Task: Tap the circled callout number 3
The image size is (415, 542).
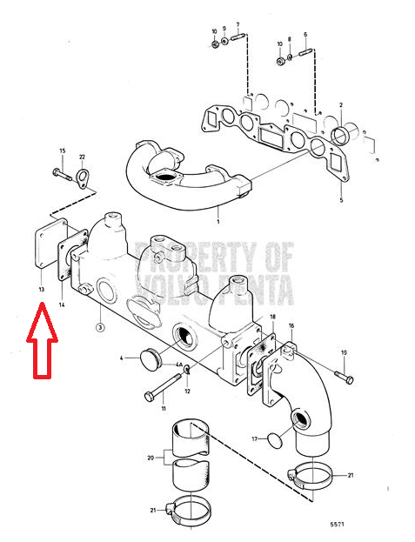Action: tap(100, 327)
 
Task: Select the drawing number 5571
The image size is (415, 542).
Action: tap(337, 525)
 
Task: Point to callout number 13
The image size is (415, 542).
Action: tap(42, 289)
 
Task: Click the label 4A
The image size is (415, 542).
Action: tap(178, 365)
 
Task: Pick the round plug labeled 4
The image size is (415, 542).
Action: tap(150, 360)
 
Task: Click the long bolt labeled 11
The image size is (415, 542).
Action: tap(163, 387)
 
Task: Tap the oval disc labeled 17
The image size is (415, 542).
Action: tap(275, 441)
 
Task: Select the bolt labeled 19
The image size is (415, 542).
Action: tap(344, 376)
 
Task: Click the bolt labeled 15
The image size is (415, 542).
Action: tap(62, 175)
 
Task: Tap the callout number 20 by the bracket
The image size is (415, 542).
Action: tap(151, 458)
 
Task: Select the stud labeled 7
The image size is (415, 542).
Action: tap(238, 36)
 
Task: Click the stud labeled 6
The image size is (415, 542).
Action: tap(305, 53)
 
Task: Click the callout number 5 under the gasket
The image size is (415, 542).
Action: tap(341, 200)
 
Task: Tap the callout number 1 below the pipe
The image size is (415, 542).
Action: tap(218, 221)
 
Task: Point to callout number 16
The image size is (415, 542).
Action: tap(291, 325)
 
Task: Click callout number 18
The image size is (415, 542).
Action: tap(273, 317)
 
